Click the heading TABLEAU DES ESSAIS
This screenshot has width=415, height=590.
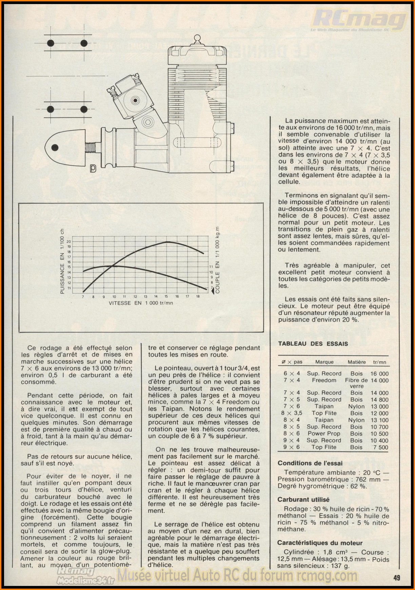[x=313, y=344]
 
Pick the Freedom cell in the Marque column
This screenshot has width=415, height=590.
[x=324, y=380]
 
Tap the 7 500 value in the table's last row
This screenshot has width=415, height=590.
[x=380, y=447]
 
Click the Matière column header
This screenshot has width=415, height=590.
[x=356, y=362]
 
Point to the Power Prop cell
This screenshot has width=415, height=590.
[x=324, y=434]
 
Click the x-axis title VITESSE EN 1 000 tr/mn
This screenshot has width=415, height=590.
[x=141, y=303]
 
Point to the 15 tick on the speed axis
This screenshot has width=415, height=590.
[x=166, y=297]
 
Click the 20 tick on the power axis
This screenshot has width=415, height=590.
[x=69, y=241]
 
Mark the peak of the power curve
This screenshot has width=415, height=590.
[x=167, y=242]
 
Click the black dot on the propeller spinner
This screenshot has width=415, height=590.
[x=55, y=147]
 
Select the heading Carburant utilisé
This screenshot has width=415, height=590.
[x=303, y=500]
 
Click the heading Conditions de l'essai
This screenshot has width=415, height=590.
[x=310, y=463]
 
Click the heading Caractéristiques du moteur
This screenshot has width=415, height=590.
[x=320, y=543]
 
